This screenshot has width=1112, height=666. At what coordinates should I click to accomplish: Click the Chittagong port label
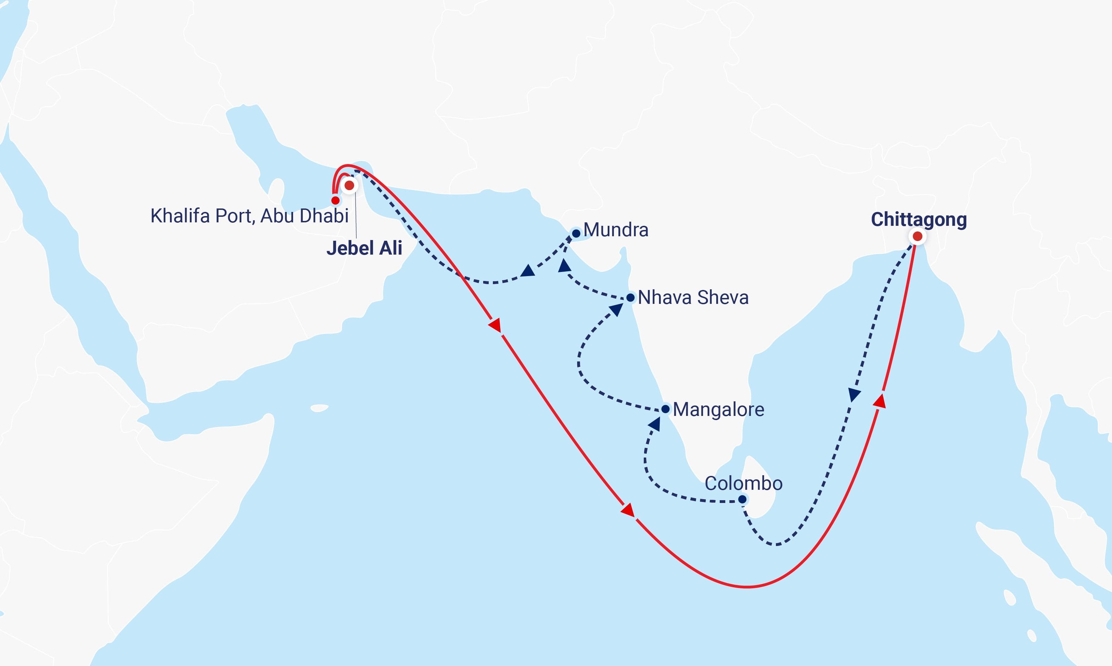click(918, 220)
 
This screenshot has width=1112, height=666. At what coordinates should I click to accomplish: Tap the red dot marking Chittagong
click(917, 236)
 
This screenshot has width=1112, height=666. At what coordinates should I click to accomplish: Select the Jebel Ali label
click(364, 248)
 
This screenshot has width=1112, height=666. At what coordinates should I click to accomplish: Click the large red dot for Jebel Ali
click(349, 185)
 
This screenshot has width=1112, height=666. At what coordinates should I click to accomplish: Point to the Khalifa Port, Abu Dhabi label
click(249, 216)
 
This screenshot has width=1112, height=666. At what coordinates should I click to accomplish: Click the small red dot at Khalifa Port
click(335, 200)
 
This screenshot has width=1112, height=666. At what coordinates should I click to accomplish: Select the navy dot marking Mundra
click(576, 233)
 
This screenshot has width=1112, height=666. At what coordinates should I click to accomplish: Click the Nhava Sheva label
click(693, 298)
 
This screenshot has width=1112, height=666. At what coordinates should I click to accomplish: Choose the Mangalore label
click(718, 409)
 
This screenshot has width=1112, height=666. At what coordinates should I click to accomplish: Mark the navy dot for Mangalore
click(666, 409)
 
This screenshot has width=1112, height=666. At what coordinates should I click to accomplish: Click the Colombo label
click(743, 483)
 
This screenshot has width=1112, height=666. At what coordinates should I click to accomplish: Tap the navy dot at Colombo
click(742, 499)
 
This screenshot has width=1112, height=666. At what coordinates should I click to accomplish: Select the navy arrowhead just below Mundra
click(564, 267)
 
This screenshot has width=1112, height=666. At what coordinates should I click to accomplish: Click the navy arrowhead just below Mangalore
click(655, 424)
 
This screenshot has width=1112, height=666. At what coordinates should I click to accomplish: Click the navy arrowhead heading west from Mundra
click(528, 271)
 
